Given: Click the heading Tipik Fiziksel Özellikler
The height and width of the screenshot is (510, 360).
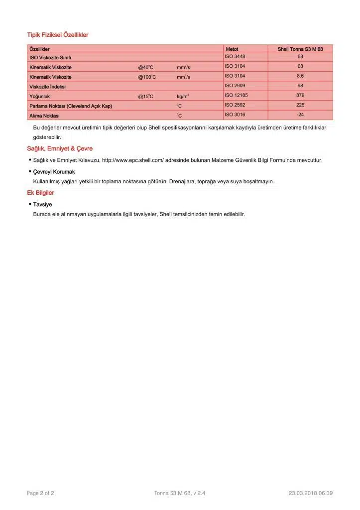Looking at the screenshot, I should tap(57, 35).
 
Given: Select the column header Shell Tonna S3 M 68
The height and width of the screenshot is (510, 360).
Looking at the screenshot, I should tap(300, 49).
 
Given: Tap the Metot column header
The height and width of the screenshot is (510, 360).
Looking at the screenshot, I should tap(232, 49).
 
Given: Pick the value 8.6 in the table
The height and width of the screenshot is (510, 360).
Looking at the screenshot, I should tap(300, 76).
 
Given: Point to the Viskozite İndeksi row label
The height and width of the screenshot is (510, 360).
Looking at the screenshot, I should tap(47, 87).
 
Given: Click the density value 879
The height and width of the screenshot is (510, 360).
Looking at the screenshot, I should tap(300, 95).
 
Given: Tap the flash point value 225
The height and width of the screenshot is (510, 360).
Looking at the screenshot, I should tap(300, 105).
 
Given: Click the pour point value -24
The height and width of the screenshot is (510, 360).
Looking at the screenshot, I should tap(300, 115).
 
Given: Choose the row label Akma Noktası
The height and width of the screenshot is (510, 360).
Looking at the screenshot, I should tap(44, 116).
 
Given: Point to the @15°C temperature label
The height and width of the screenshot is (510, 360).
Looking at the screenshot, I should tap(145, 96).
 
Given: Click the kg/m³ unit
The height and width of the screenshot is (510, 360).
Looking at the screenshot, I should tap(182, 96).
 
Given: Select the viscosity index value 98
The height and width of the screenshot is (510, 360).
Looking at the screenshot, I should tap(300, 86).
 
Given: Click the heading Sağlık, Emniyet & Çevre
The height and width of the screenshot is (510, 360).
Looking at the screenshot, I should tap(60, 149).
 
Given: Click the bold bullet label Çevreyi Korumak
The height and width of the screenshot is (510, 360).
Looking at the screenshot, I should tap(54, 172).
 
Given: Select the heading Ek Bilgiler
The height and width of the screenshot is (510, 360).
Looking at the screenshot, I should tap(40, 193).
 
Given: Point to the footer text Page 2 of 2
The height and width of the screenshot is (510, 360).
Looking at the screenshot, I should tap(40, 493).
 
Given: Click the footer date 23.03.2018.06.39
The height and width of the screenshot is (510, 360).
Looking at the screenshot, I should tap(310, 493).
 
